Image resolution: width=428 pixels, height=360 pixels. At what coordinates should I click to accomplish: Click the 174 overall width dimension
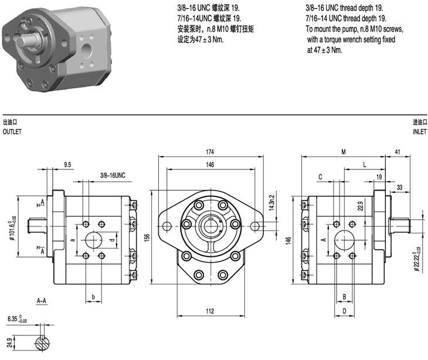point(209,152)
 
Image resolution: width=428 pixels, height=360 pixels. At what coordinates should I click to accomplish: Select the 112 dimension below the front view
point(209,310)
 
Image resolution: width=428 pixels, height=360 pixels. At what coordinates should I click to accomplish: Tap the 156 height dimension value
point(148,236)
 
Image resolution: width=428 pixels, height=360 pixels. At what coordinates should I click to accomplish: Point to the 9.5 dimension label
point(67,165)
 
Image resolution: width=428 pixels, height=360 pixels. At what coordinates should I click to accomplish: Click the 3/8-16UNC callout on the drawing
point(113,175)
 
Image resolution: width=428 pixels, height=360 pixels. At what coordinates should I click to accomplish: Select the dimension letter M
point(344,152)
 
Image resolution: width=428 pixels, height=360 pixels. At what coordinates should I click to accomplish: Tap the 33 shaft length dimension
point(400,188)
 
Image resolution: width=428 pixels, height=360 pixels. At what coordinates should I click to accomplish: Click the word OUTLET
point(12,132)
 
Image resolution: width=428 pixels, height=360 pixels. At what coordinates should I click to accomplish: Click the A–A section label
point(42,301)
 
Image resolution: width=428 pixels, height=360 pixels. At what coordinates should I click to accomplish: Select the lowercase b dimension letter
point(94,297)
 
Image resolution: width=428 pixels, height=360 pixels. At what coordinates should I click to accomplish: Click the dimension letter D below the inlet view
point(345,310)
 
